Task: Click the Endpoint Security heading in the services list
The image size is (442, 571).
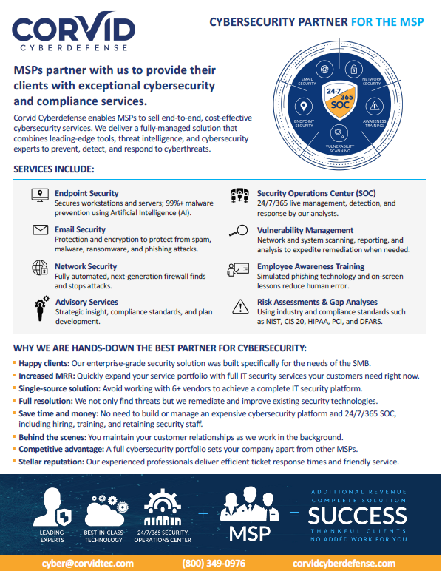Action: [86, 193]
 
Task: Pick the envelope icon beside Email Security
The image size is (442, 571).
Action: [40, 230]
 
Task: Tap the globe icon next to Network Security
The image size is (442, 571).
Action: [40, 267]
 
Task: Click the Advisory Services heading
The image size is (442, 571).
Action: [86, 302]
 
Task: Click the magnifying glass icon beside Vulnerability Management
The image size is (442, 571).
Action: [238, 230]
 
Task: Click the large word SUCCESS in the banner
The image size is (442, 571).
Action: [358, 516]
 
